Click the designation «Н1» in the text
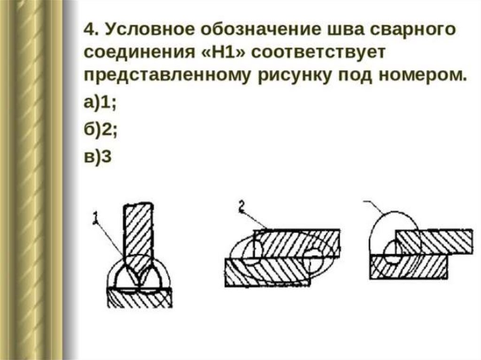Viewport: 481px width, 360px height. click(x=225, y=53)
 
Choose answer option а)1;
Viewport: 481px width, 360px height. click(x=101, y=104)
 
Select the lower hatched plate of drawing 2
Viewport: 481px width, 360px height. click(x=268, y=273)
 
